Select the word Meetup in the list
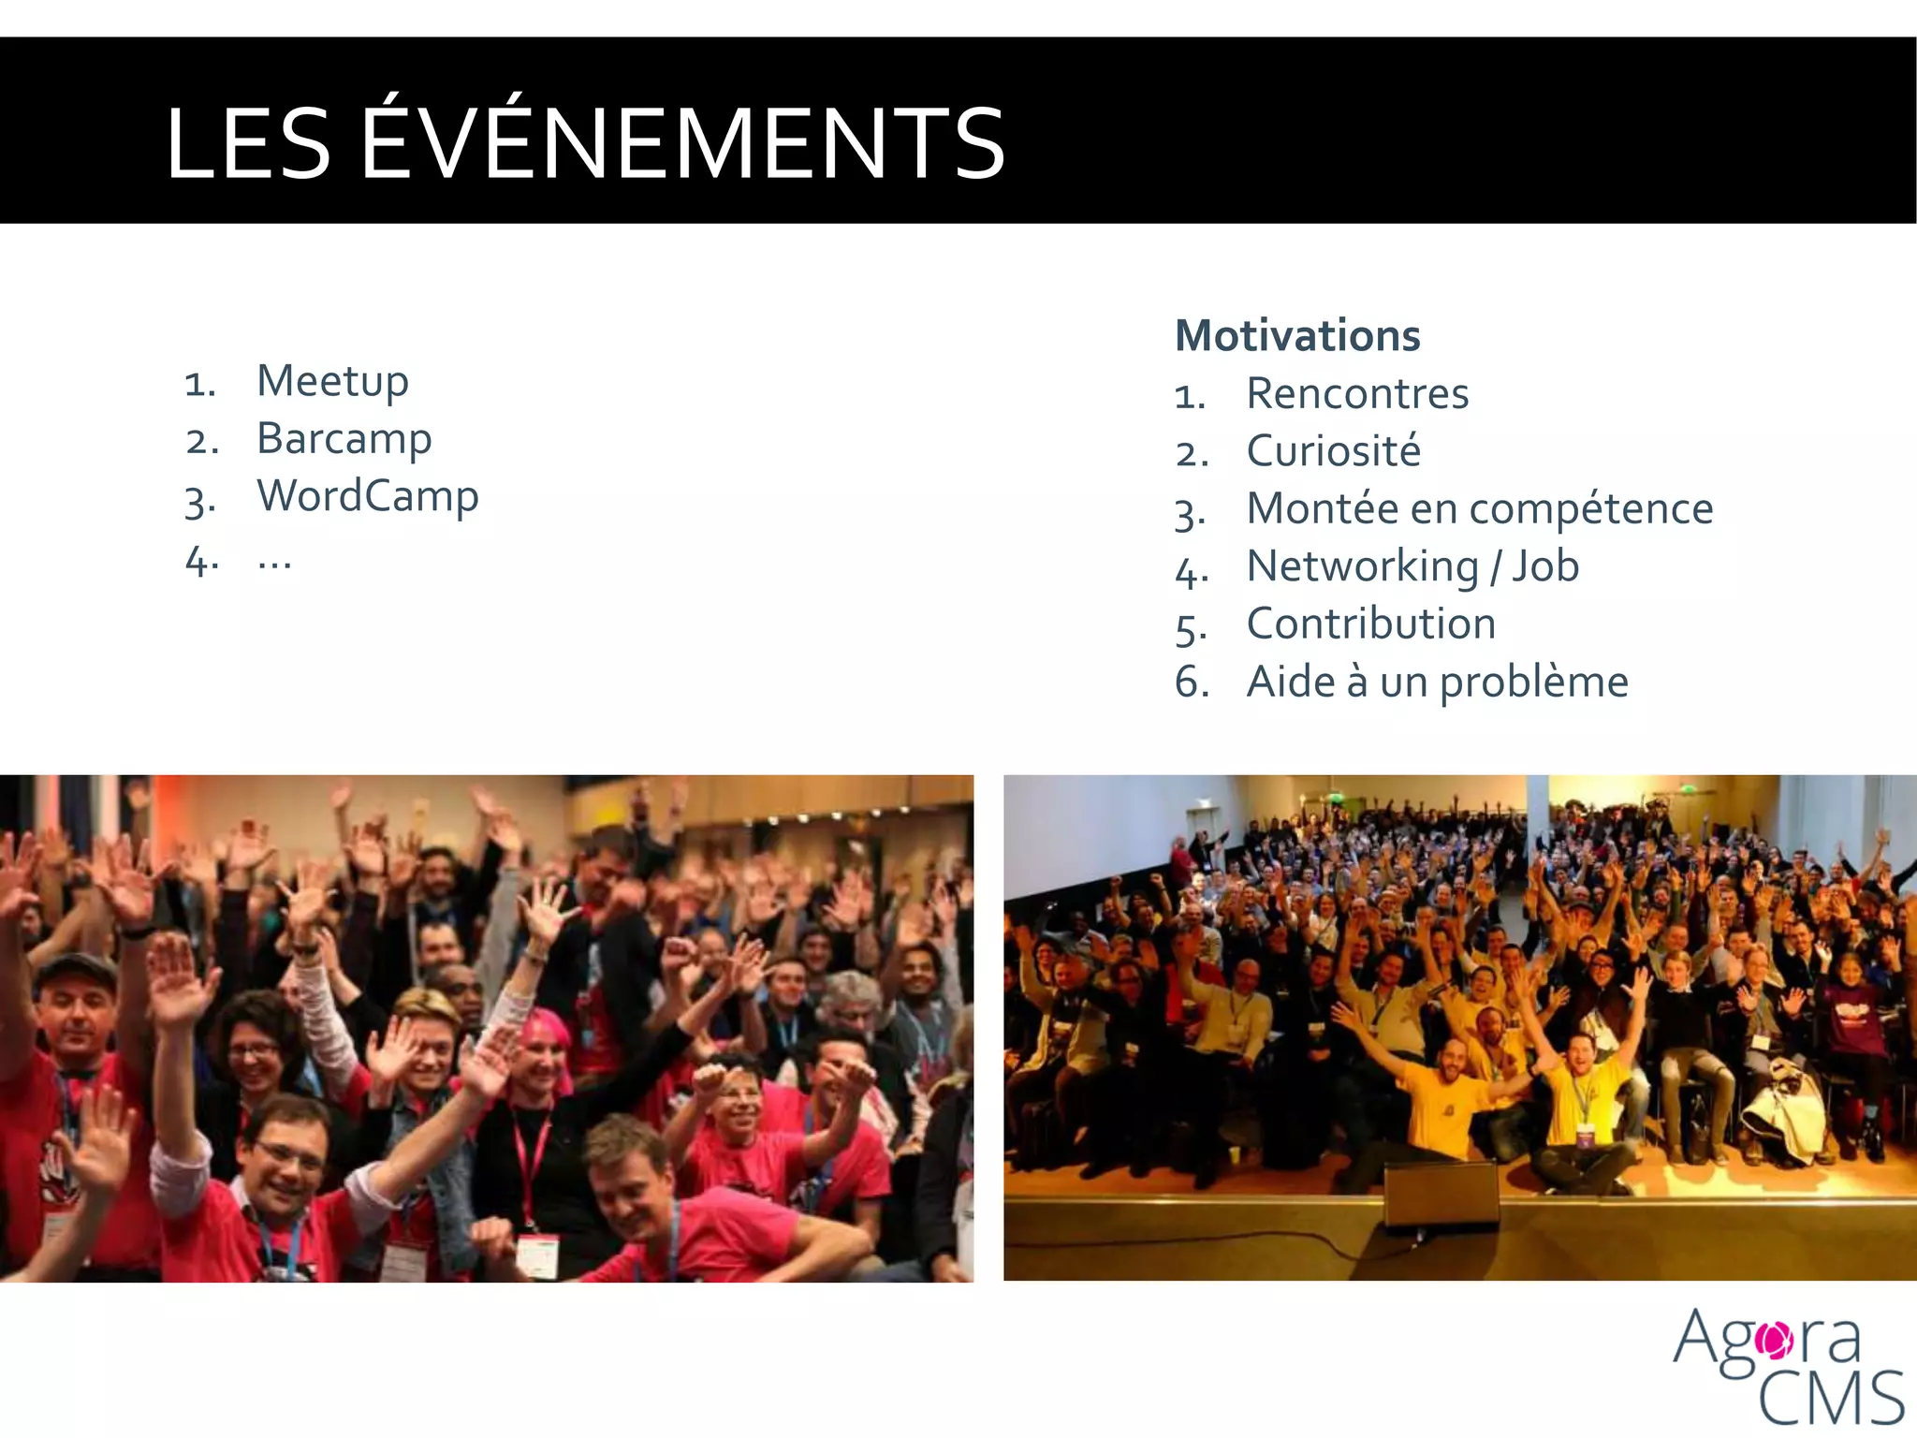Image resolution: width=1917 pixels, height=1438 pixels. (x=332, y=382)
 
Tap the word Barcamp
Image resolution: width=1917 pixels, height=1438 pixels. (x=344, y=439)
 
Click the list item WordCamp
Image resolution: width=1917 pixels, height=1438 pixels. (x=367, y=496)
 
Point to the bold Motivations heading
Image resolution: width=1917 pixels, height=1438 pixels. (x=1297, y=336)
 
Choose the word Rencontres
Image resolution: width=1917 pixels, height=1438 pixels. (x=1357, y=394)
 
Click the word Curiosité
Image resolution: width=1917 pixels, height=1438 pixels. (x=1333, y=451)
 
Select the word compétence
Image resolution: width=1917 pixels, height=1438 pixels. (x=1590, y=510)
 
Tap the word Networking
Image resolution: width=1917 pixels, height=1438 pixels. (x=1362, y=567)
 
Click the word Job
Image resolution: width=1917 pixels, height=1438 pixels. (x=1545, y=566)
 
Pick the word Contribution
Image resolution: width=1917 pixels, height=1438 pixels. (x=1371, y=624)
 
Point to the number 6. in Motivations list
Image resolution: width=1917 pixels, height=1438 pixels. (x=1191, y=682)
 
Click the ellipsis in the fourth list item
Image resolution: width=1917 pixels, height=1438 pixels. (x=274, y=562)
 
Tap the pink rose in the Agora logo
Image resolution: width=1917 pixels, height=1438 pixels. (x=1774, y=1341)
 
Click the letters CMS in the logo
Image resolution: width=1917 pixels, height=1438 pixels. (x=1830, y=1398)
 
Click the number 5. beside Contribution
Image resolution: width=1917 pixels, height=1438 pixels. (x=1191, y=626)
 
